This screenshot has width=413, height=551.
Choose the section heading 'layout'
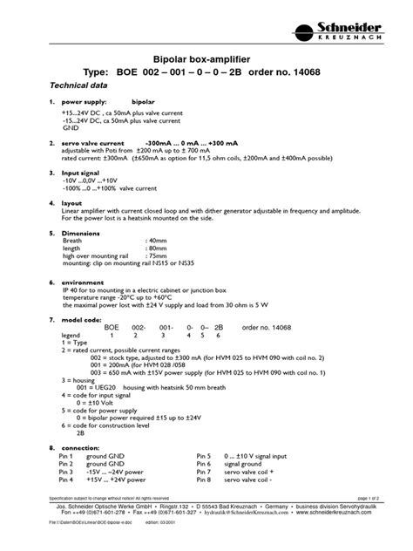(x=73, y=201)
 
